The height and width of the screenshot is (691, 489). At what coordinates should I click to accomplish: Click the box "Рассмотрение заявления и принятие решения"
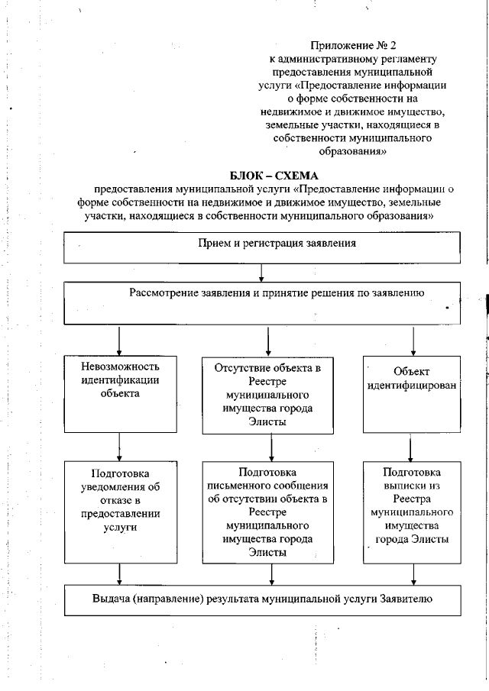(x=261, y=304)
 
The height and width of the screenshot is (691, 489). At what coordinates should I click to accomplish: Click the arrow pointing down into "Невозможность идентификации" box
(x=119, y=341)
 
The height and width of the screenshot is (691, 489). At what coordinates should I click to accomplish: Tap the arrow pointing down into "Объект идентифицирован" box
(x=413, y=341)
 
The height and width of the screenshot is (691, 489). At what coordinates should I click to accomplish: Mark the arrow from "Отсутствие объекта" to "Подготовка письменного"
(x=267, y=445)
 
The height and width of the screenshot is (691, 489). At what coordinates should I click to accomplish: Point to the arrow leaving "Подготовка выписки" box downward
(x=413, y=574)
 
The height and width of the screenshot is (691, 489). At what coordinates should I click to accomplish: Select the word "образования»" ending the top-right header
(x=352, y=151)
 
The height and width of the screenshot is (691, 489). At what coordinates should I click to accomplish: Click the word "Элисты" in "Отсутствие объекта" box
(x=267, y=422)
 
